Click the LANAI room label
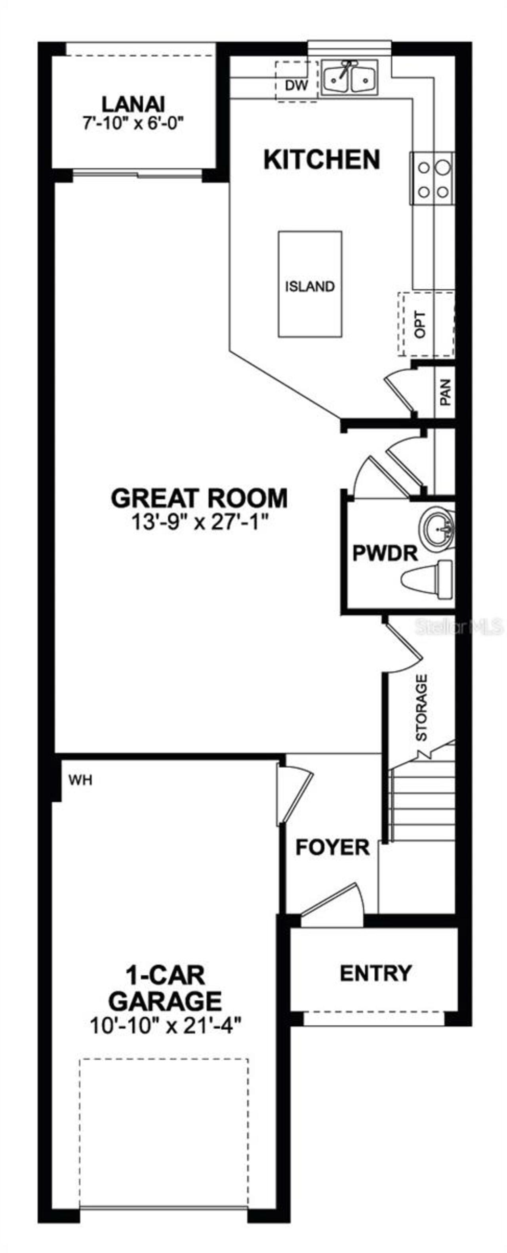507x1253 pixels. pos(133,104)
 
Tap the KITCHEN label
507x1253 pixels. pos(321,160)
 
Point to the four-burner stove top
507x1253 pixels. pos(433,178)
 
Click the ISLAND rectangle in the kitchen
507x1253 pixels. pos(310,285)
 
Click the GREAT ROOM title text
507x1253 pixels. pos(199,498)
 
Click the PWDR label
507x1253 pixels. pos(385,554)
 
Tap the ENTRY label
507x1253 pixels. pos(375,973)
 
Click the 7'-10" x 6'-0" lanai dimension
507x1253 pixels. pos(133,124)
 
